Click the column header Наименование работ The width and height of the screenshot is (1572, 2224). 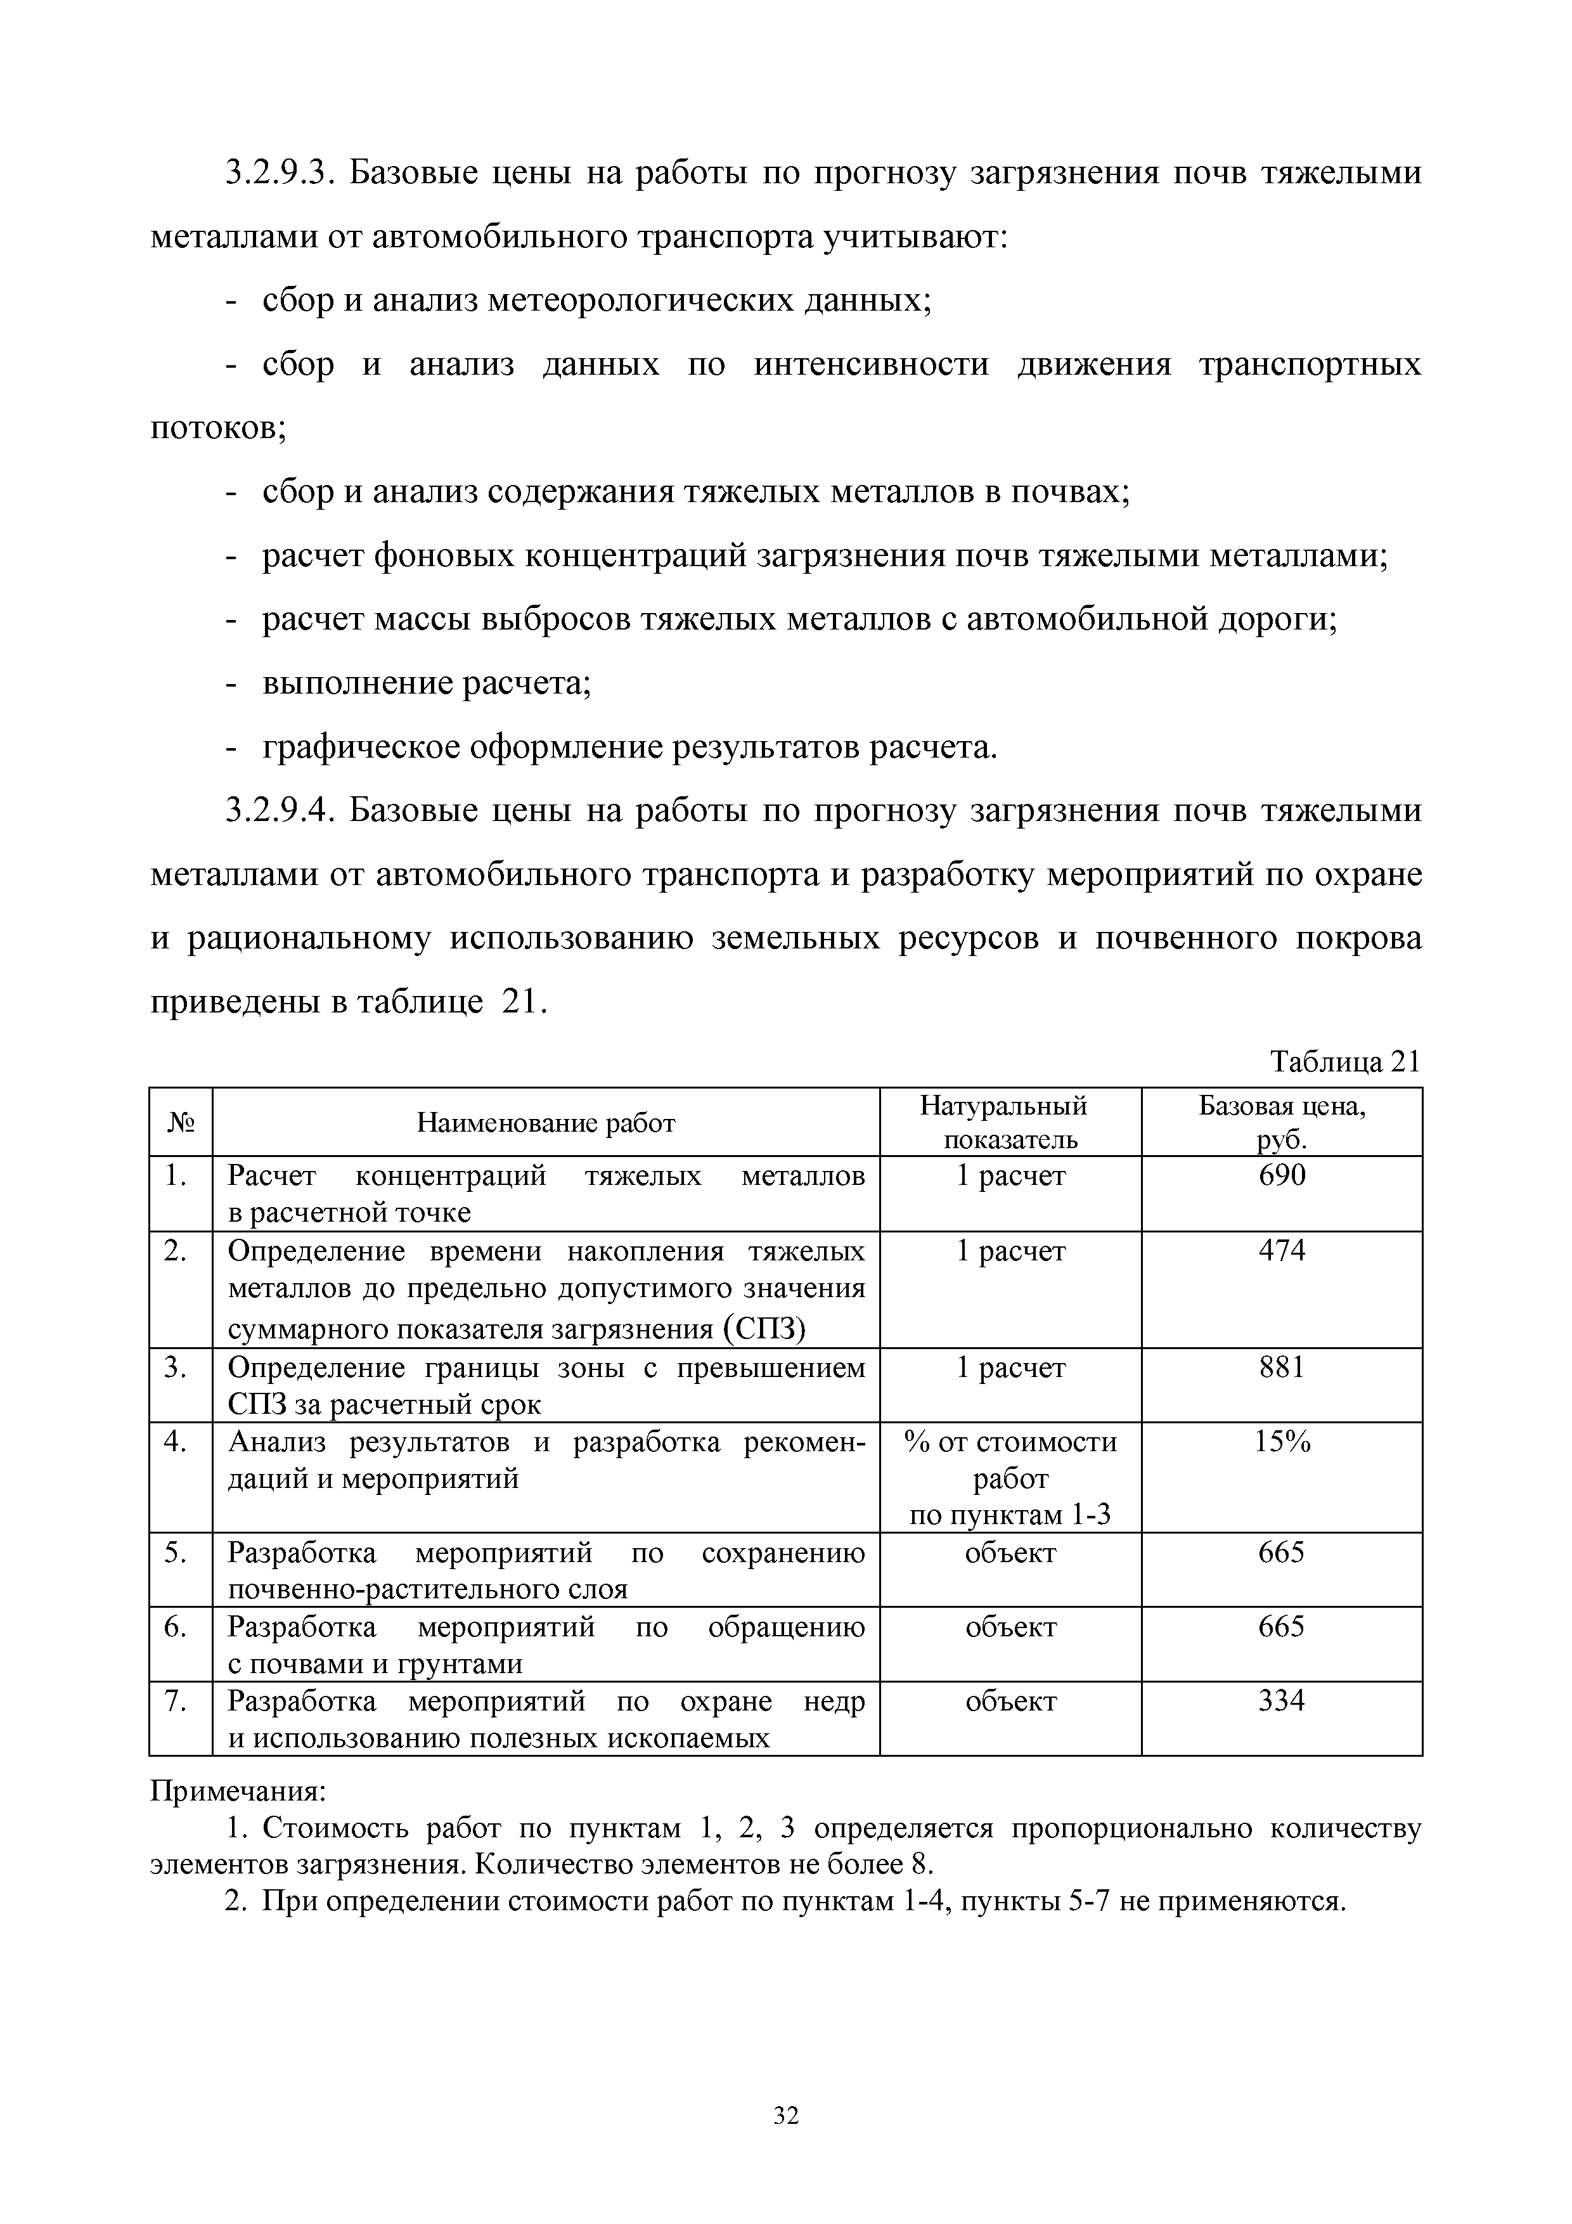[x=545, y=1123]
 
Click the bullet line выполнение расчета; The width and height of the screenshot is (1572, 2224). [x=426, y=684]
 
